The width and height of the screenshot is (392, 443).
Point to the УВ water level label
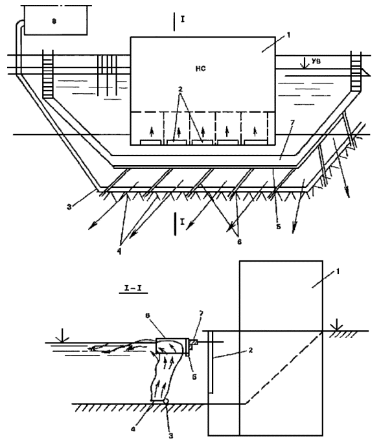316,62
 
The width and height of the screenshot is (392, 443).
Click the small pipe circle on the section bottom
167,402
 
